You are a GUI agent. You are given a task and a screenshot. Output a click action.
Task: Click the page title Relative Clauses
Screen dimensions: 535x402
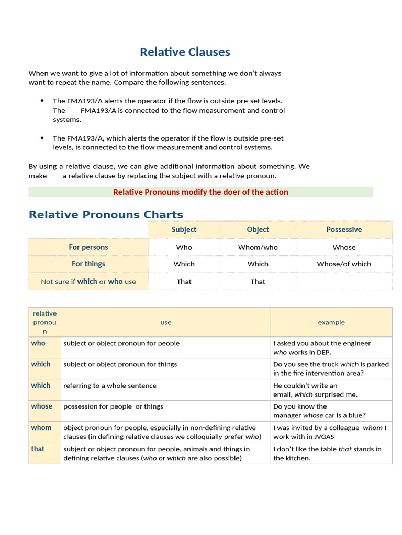click(185, 52)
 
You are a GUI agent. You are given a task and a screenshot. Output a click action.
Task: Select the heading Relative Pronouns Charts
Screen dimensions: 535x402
click(106, 215)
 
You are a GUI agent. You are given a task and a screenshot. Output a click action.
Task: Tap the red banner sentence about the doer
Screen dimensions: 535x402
click(200, 192)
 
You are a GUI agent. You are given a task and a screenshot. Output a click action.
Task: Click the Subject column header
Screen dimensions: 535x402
click(184, 230)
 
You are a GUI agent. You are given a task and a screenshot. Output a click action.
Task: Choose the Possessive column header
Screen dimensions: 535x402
click(343, 230)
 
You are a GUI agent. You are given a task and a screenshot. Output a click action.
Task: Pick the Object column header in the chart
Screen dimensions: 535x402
click(258, 230)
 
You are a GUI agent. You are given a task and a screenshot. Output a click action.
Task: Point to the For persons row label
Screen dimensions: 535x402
click(88, 247)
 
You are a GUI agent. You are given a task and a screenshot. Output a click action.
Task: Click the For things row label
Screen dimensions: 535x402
click(88, 264)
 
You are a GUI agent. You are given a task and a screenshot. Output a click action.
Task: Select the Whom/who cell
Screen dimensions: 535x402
click(258, 248)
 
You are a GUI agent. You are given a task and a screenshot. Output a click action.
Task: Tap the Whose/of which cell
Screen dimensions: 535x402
click(343, 264)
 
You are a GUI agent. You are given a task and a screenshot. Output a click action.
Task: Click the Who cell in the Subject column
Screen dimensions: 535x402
click(184, 248)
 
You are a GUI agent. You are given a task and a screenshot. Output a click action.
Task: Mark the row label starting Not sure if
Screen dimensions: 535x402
click(88, 282)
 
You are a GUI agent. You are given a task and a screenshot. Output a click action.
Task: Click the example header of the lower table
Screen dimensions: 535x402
click(331, 322)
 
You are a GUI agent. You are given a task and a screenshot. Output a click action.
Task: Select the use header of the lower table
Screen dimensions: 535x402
click(165, 322)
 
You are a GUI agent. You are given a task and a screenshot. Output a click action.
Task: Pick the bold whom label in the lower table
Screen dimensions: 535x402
click(41, 428)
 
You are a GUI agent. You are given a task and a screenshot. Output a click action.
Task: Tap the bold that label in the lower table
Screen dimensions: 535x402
click(38, 449)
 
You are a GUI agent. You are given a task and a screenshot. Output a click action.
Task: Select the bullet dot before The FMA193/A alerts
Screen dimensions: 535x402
click(42, 101)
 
